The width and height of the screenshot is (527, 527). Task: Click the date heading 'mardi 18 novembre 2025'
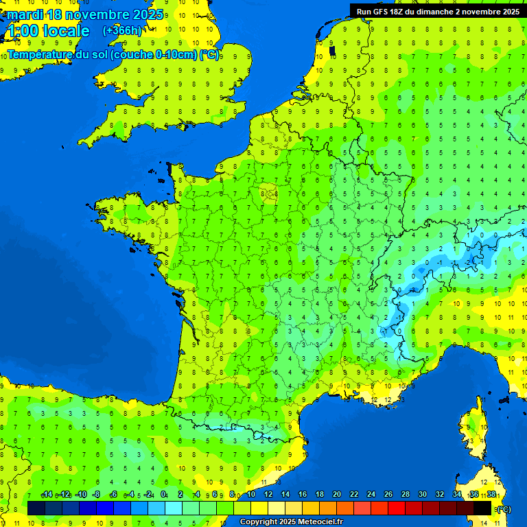tap(85, 14)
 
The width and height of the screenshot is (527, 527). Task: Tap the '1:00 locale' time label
tap(47, 31)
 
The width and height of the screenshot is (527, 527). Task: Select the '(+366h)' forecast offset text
tap(122, 30)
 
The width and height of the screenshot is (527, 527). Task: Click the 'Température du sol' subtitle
tap(113, 54)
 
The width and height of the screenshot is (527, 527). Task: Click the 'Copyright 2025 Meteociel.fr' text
tap(291, 522)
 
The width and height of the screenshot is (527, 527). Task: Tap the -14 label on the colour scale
tap(47, 495)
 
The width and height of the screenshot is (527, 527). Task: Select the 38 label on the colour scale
tap(491, 495)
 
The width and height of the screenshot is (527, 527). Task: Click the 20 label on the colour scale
tap(337, 495)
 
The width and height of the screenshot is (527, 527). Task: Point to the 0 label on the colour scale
tap(163, 495)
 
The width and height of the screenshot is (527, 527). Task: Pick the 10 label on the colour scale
tap(251, 495)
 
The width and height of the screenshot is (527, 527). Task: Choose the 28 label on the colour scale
tap(406, 495)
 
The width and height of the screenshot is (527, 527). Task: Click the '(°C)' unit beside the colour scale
tap(503, 509)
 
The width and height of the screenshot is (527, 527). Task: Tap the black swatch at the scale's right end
tap(482, 508)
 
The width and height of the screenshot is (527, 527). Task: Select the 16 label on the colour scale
tap(303, 495)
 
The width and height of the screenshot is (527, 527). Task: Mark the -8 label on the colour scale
tap(97, 495)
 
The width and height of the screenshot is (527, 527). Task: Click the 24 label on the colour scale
tap(371, 495)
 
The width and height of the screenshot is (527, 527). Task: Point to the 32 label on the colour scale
tap(440, 495)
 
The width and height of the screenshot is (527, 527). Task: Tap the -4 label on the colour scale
tap(130, 495)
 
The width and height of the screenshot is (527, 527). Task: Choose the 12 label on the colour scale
tap(268, 495)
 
